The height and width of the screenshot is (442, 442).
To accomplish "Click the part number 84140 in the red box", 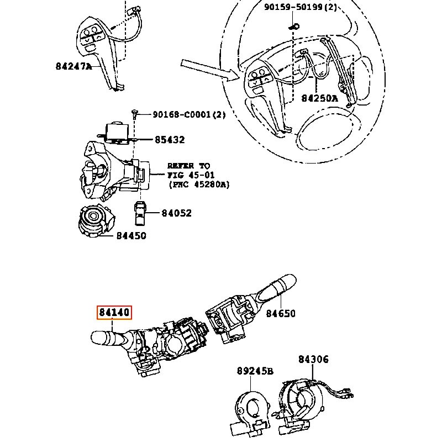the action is (x=114, y=312).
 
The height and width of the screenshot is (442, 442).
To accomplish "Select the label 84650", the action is (x=281, y=313).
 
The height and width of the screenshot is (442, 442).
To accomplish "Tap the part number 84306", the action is (x=313, y=359).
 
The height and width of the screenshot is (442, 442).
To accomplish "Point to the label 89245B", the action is (x=255, y=371).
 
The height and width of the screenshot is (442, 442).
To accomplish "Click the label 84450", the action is (x=131, y=236).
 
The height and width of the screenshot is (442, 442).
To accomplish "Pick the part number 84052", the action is (x=176, y=213).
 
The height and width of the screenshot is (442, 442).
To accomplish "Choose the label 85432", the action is (x=170, y=140).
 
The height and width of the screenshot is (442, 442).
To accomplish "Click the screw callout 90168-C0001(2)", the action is (x=189, y=114).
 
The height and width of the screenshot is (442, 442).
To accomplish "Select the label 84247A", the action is (x=74, y=66).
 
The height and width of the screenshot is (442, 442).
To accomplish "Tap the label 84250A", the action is (x=319, y=98).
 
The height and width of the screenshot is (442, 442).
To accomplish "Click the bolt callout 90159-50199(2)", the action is (x=301, y=7).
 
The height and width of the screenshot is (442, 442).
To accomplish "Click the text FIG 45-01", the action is (x=191, y=175).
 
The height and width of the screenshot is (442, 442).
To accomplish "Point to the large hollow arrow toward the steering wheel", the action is (x=210, y=70).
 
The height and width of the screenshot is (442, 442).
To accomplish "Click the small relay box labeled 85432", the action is (x=117, y=132).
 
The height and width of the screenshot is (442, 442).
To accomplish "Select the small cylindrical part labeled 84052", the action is (x=140, y=213).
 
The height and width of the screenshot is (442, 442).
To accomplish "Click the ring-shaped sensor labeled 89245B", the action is (x=251, y=412).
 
